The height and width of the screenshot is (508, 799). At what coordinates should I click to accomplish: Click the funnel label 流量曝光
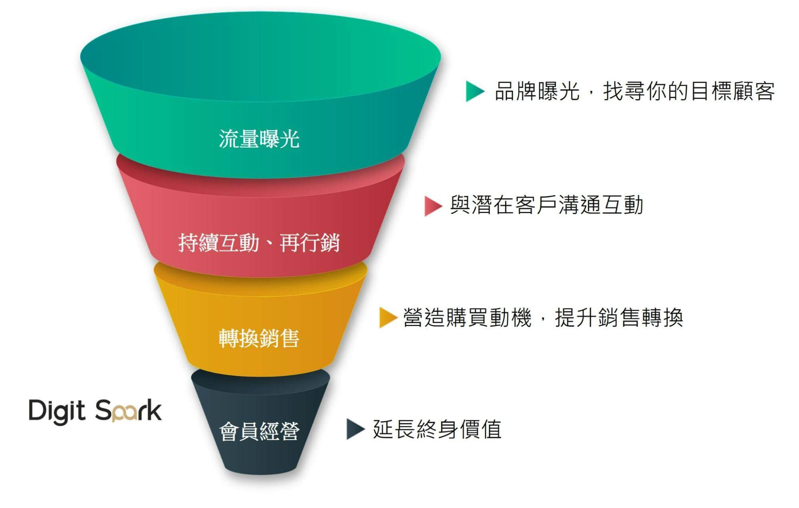pos(259,139)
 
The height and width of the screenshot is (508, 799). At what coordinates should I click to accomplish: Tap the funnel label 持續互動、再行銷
pos(259,242)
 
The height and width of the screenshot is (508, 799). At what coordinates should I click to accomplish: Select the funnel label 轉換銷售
pos(259,338)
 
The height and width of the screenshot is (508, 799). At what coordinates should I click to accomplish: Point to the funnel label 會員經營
pos(259,431)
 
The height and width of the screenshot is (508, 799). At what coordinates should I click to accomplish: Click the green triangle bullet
pos(474,91)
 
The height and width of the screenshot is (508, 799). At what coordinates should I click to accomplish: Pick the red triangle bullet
pos(433,206)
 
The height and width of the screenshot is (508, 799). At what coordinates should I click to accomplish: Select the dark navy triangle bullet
pos(355,429)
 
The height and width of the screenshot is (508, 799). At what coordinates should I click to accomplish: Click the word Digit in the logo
pos(57,411)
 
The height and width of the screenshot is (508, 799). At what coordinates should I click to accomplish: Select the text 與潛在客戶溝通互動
pos(546,205)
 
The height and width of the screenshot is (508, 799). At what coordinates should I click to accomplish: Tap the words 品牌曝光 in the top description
pos(537,91)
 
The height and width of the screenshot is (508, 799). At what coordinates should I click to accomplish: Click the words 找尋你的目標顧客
pos(689,91)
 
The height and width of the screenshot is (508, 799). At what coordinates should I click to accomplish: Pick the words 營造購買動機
pos(467,318)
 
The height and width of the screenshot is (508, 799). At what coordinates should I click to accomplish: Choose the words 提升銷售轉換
pos(619,318)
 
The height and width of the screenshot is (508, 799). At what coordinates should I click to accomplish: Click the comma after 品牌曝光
pos(590,96)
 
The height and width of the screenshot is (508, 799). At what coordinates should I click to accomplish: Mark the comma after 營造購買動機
pos(542,322)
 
